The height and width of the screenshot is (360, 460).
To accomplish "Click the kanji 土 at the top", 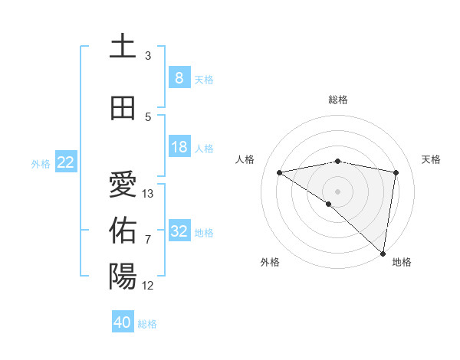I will [x=123, y=45].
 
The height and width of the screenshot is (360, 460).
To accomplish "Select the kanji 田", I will [x=123, y=107].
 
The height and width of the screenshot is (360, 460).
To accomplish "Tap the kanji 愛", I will [x=123, y=184].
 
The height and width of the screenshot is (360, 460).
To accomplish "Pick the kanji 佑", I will [x=123, y=230].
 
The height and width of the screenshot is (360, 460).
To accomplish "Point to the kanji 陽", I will [x=123, y=276].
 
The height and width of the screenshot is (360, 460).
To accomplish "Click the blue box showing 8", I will [x=179, y=78].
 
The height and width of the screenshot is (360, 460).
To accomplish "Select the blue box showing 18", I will [x=179, y=147].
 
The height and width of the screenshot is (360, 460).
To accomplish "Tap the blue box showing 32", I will [x=179, y=231].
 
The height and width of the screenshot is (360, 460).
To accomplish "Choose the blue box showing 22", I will [x=66, y=162].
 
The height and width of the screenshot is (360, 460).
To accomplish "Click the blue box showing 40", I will [x=123, y=322].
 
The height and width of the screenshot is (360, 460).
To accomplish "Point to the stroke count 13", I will [x=148, y=194].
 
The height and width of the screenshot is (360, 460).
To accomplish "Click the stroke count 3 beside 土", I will [x=148, y=55].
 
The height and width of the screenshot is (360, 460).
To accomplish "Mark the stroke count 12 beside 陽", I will [x=148, y=286].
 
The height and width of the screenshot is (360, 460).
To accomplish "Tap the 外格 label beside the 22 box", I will [x=40, y=163].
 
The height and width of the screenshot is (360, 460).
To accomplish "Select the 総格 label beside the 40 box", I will [x=147, y=324].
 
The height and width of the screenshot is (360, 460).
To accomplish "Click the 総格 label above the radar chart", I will [x=337, y=100].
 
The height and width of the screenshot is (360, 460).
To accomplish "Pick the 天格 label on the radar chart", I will [x=431, y=159].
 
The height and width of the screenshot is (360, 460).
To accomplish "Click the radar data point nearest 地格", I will [x=383, y=253].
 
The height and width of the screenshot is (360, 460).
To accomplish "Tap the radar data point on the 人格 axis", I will [x=280, y=172].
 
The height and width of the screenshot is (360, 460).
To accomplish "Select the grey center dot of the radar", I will [x=337, y=191].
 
